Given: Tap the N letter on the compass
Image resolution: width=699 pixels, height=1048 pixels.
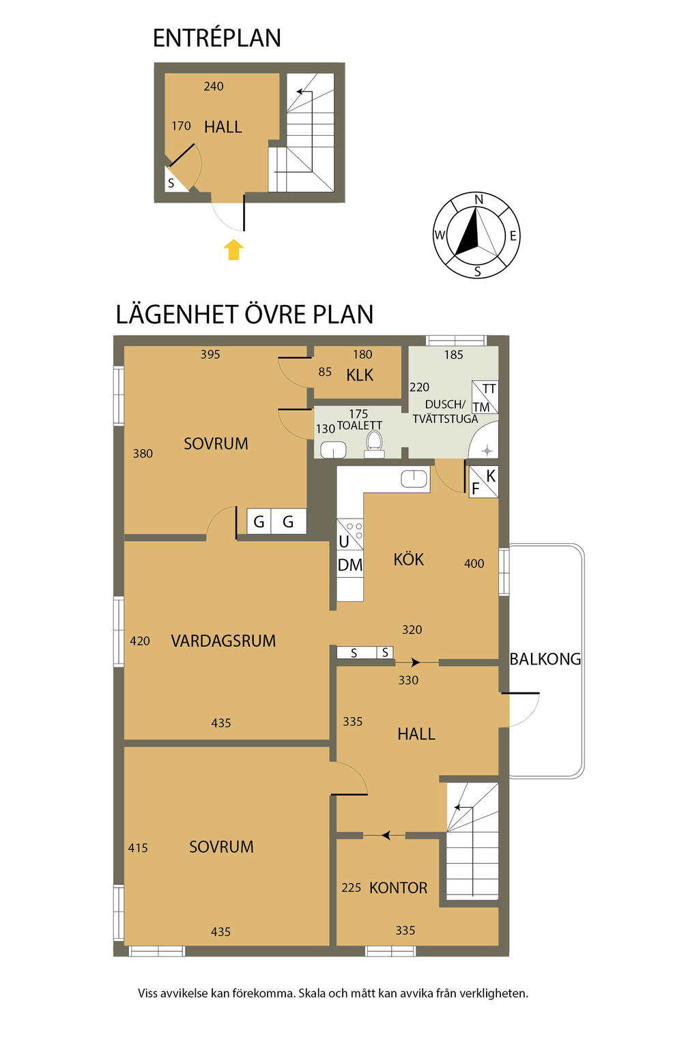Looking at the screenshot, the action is (x=478, y=199).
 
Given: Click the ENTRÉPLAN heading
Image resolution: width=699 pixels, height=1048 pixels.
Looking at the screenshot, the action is (x=217, y=38).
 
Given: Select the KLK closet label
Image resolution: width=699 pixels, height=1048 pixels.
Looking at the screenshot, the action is (x=360, y=375).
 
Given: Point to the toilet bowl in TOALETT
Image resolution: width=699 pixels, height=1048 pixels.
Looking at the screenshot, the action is (x=374, y=443).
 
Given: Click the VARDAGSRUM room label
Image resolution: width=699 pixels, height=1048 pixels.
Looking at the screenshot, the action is (x=223, y=641).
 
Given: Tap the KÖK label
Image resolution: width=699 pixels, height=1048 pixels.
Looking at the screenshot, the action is (x=408, y=559).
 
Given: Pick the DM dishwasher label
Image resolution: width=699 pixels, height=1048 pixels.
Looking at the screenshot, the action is (x=349, y=565).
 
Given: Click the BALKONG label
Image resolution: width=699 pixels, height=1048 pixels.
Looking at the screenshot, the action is (x=545, y=658).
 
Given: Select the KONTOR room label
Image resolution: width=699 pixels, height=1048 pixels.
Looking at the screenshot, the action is (x=398, y=888).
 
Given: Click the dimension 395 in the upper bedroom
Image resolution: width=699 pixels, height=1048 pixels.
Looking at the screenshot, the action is (x=210, y=354).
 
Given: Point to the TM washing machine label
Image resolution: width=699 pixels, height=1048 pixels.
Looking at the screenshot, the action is (x=481, y=407).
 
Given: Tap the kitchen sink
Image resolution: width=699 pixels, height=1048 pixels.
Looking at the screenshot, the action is (x=414, y=478).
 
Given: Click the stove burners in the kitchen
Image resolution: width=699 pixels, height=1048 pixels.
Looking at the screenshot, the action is (x=354, y=531).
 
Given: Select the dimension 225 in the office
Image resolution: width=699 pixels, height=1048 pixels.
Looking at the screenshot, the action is (x=351, y=888).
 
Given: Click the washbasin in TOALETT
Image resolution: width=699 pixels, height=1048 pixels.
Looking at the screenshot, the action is (x=333, y=450).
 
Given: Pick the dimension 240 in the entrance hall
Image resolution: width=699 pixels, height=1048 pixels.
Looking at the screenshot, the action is (x=214, y=86).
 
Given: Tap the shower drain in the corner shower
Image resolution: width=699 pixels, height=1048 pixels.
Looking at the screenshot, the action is (x=487, y=451).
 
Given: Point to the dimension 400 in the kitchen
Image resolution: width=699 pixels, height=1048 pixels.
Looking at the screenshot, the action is (x=474, y=564).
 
